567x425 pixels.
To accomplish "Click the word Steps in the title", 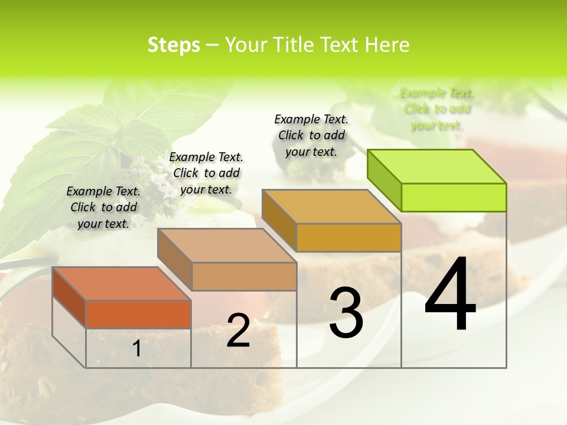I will (174, 45).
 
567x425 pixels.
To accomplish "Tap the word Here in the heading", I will (387, 45).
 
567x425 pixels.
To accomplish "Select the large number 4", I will (450, 295).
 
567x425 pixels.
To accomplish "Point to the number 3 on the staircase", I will (346, 313).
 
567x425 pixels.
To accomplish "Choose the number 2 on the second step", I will (238, 331).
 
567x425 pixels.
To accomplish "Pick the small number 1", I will (136, 349).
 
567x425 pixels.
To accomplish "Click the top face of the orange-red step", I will (121, 283).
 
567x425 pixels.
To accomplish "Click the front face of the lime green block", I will (454, 197).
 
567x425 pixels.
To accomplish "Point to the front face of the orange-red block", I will (138, 314).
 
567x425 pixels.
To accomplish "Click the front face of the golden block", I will (348, 238).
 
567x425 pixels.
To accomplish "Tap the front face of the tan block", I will (244, 276).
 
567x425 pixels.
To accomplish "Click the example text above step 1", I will (103, 207).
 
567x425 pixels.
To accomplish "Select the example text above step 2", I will (206, 173).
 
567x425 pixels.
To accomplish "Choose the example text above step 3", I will (311, 135).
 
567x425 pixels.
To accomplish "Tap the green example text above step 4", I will (436, 109).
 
